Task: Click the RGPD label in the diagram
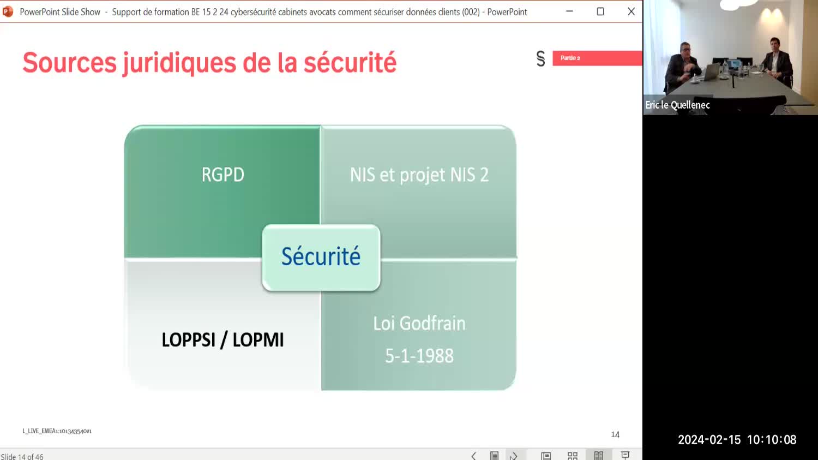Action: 222,175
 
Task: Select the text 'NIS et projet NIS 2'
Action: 419,175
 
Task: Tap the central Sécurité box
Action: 321,258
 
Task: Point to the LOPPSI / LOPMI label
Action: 222,340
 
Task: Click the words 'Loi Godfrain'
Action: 419,324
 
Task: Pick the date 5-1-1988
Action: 419,356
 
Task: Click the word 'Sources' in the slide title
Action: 69,62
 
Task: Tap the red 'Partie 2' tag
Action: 598,58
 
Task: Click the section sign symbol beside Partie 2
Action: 541,58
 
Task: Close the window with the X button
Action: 631,11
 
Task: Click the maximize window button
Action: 600,11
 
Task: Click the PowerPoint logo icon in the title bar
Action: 8,11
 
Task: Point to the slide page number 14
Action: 615,434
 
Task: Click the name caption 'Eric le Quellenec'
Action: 677,105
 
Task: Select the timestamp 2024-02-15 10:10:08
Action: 737,440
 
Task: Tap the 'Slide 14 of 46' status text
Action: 22,456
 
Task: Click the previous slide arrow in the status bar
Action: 474,456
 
